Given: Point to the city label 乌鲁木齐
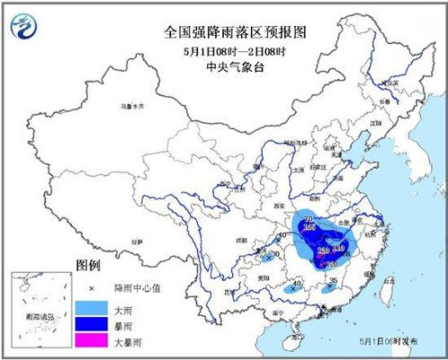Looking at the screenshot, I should (x=134, y=106).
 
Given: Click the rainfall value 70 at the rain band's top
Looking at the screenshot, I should (x=309, y=219).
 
